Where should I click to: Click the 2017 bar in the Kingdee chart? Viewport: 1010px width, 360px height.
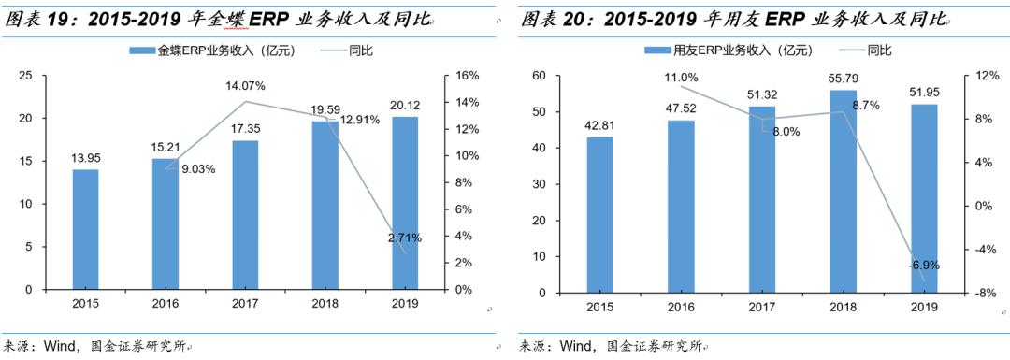pos(245,215)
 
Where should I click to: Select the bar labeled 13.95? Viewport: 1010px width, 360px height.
pos(85,229)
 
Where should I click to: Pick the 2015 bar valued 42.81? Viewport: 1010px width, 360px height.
pos(600,215)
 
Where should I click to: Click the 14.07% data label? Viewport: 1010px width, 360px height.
pos(245,86)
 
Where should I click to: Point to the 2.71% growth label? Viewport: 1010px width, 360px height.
pos(405,238)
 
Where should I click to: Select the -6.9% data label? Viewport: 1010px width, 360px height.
pos(923,266)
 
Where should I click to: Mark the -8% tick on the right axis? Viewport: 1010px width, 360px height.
pos(981,293)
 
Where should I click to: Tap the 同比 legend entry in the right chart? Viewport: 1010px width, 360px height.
pos(879,49)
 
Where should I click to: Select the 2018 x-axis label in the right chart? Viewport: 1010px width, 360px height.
pos(843,307)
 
